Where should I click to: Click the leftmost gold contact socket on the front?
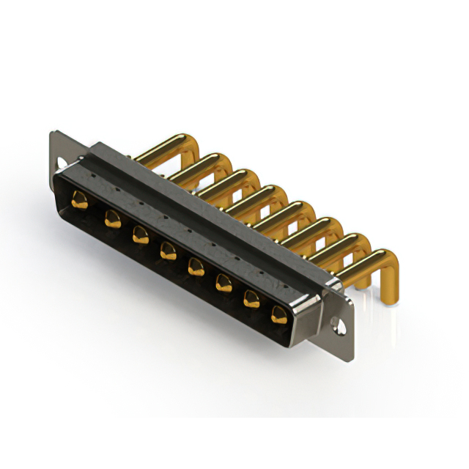point(80,199)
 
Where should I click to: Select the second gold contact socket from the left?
point(112,218)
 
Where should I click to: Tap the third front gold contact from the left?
point(140,234)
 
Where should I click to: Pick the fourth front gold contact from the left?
point(168,251)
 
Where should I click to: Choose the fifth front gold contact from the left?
point(196,266)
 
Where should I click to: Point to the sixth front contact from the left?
point(224,282)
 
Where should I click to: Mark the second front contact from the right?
point(251,298)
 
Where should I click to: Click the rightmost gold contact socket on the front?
point(279,315)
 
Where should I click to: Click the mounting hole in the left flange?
point(60,161)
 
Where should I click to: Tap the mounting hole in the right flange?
point(339,323)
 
